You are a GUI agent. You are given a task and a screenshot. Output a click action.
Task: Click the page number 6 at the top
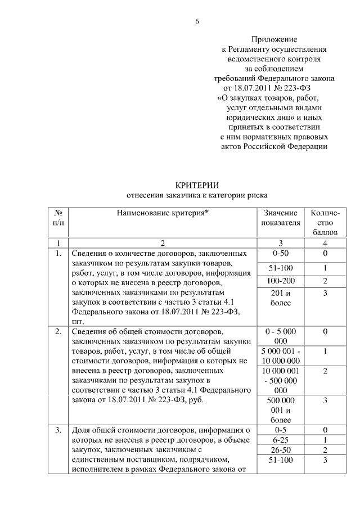[197, 21]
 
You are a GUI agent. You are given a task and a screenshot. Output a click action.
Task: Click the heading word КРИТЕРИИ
[196, 185]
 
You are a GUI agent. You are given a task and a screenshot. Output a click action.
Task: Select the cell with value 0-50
[280, 254]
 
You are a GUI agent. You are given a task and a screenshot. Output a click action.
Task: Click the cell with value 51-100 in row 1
[280, 267]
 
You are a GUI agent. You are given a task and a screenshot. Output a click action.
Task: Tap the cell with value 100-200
[280, 281]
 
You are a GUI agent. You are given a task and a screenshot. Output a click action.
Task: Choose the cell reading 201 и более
[280, 299]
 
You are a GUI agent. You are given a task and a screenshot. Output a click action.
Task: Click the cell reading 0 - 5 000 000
[280, 336]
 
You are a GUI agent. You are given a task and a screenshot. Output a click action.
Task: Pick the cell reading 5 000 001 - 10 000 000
[280, 355]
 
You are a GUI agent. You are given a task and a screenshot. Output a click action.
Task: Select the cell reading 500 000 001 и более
[280, 409]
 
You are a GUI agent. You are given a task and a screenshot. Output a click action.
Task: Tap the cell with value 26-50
[280, 451]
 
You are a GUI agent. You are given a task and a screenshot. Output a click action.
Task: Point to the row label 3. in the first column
[57, 431]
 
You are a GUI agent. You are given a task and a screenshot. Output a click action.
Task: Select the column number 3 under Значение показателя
[280, 243]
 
